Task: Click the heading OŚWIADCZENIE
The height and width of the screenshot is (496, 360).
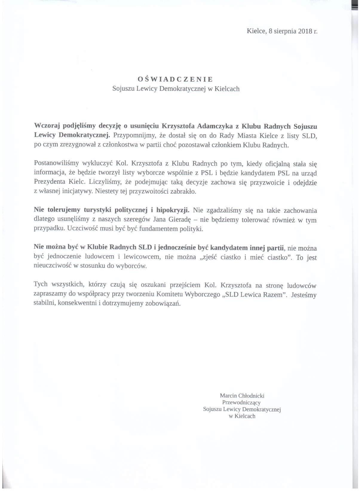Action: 175,79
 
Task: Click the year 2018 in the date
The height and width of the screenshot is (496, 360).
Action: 305,31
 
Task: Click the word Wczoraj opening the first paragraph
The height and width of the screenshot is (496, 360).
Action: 47,126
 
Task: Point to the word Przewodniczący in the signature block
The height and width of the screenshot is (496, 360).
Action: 241,402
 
